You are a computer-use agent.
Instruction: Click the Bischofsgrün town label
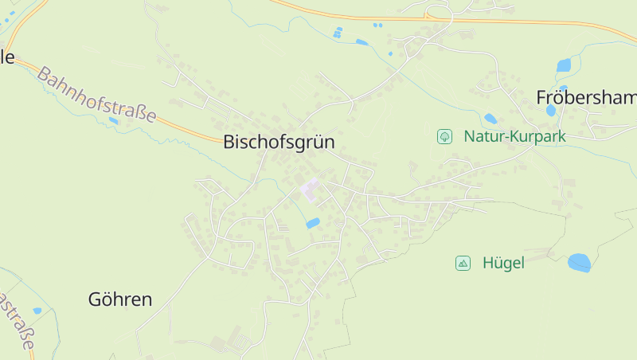tap(279, 142)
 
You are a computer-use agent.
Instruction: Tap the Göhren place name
tap(119, 299)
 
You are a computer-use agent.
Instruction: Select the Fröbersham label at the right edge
tap(586, 98)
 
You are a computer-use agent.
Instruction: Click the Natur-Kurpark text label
tap(514, 137)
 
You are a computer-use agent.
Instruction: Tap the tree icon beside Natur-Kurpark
tap(444, 137)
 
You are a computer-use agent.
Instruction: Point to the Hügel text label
tap(503, 263)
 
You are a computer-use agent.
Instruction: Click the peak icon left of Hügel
tap(463, 263)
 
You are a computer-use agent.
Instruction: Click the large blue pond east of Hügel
tap(580, 262)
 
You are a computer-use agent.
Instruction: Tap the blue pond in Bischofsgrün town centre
tap(313, 224)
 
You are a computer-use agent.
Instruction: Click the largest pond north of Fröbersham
tap(565, 65)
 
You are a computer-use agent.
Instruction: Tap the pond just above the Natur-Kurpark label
tap(490, 119)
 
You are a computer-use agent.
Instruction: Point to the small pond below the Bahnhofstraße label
tap(114, 121)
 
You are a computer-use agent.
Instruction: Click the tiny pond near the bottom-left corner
tap(37, 311)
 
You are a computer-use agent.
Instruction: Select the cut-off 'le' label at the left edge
tap(7, 57)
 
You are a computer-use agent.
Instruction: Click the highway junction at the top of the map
tap(428, 14)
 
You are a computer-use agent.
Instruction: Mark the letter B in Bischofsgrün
tap(229, 142)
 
